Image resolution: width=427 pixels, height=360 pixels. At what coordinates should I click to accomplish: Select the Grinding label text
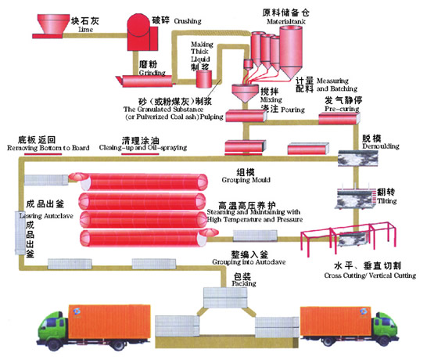152,72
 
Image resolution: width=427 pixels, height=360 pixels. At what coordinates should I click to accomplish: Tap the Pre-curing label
338,110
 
